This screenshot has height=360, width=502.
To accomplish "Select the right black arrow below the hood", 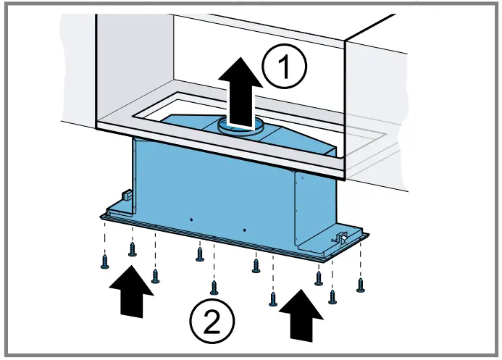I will coord(301,312).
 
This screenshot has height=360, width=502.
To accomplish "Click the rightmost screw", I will coord(361,284).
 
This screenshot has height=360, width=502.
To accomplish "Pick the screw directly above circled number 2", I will coord(213,287).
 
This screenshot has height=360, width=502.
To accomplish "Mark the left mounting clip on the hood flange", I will coord(125,198).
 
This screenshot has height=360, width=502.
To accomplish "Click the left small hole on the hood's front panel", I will coord(190,219).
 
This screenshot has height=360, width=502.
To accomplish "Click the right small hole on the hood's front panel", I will coord(245,230).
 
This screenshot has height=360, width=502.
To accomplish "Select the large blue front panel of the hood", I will coord(210,188).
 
